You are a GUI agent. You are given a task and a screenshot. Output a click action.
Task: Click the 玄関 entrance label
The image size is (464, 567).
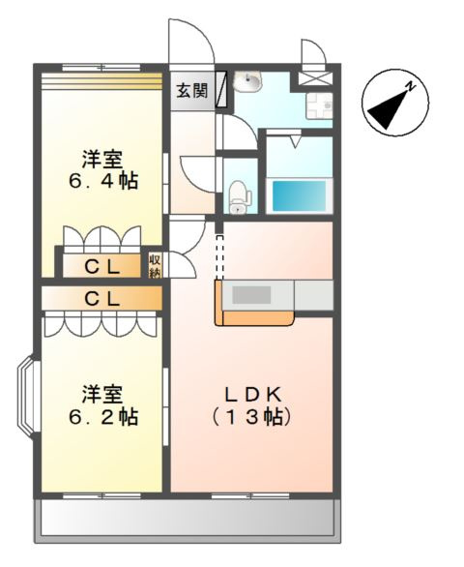(x=191, y=91)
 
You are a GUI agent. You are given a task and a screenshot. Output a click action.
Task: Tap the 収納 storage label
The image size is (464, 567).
(x=155, y=265)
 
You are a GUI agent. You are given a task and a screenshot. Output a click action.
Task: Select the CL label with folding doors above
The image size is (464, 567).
(x=101, y=265)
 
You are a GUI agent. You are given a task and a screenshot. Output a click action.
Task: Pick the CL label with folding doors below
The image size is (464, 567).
(x=101, y=299)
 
